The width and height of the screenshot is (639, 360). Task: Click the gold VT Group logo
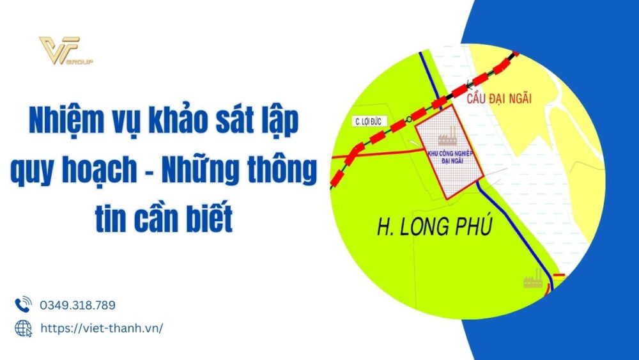click(x=64, y=51)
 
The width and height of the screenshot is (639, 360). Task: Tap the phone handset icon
click(x=23, y=304)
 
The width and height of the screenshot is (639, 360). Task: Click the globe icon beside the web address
click(x=23, y=327)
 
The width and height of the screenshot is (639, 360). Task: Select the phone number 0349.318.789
click(x=77, y=305)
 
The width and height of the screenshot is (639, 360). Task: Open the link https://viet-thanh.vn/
click(x=101, y=327)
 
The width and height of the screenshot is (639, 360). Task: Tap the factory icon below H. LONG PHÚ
click(x=532, y=279)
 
